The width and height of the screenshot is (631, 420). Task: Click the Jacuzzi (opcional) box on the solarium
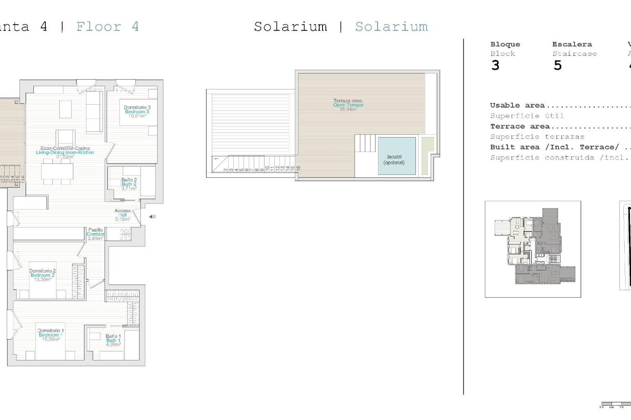click(x=397, y=156)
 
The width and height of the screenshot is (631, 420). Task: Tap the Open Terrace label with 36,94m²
click(x=348, y=105)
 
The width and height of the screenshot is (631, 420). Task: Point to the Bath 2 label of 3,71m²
click(x=129, y=184)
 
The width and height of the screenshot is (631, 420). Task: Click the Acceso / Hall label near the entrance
click(x=123, y=215)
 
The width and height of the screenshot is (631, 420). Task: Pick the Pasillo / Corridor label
click(x=96, y=234)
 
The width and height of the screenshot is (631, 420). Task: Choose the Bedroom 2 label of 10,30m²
click(x=42, y=275)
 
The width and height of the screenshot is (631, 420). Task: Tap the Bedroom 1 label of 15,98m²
click(x=51, y=335)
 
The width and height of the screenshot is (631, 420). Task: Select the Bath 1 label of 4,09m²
click(x=113, y=340)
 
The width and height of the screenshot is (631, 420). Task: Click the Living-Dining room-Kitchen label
click(x=65, y=152)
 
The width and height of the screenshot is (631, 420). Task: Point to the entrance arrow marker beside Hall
click(x=152, y=217)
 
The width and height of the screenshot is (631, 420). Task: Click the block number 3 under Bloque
click(x=495, y=66)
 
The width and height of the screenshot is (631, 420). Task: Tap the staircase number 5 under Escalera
click(x=557, y=66)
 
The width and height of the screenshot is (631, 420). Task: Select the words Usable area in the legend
click(x=517, y=105)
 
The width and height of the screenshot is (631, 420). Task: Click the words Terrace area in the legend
click(x=520, y=126)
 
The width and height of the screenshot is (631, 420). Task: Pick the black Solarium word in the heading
click(x=291, y=27)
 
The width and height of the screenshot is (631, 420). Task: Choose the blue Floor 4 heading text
click(x=107, y=27)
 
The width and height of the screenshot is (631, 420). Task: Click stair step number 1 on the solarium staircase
click(x=216, y=159)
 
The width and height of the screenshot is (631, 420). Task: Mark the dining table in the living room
click(x=57, y=171)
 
